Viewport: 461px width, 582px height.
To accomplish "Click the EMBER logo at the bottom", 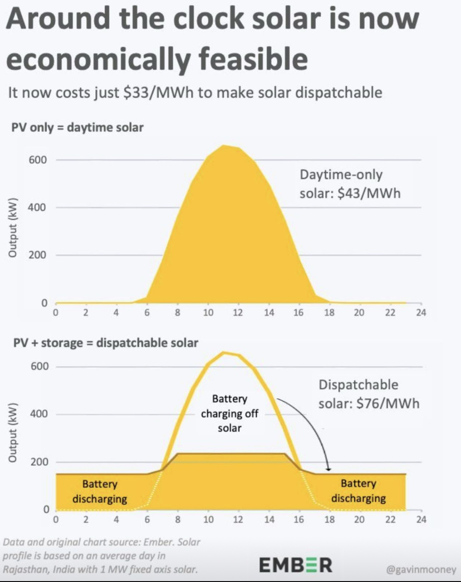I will (x=295, y=565).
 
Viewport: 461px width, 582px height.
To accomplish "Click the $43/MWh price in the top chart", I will (x=369, y=194).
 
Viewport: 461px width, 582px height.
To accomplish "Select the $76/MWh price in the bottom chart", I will (x=388, y=403).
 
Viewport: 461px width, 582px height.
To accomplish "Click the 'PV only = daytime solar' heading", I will (x=77, y=128).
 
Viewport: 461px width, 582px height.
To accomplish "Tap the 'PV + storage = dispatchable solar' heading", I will (x=106, y=343).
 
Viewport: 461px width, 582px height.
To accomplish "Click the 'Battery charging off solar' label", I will (x=229, y=413).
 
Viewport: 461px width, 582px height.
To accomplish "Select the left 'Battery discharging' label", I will (x=100, y=491).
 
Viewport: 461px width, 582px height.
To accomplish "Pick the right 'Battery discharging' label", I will (x=358, y=490).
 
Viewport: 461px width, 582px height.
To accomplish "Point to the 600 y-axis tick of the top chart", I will (x=38, y=160).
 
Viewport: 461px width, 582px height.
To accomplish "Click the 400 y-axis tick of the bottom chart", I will (x=38, y=414).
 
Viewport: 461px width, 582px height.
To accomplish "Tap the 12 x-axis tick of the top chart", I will (x=238, y=313).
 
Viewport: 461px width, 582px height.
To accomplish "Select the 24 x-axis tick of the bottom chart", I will (x=421, y=519).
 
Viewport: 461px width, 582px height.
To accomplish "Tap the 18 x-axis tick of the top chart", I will (x=329, y=313).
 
